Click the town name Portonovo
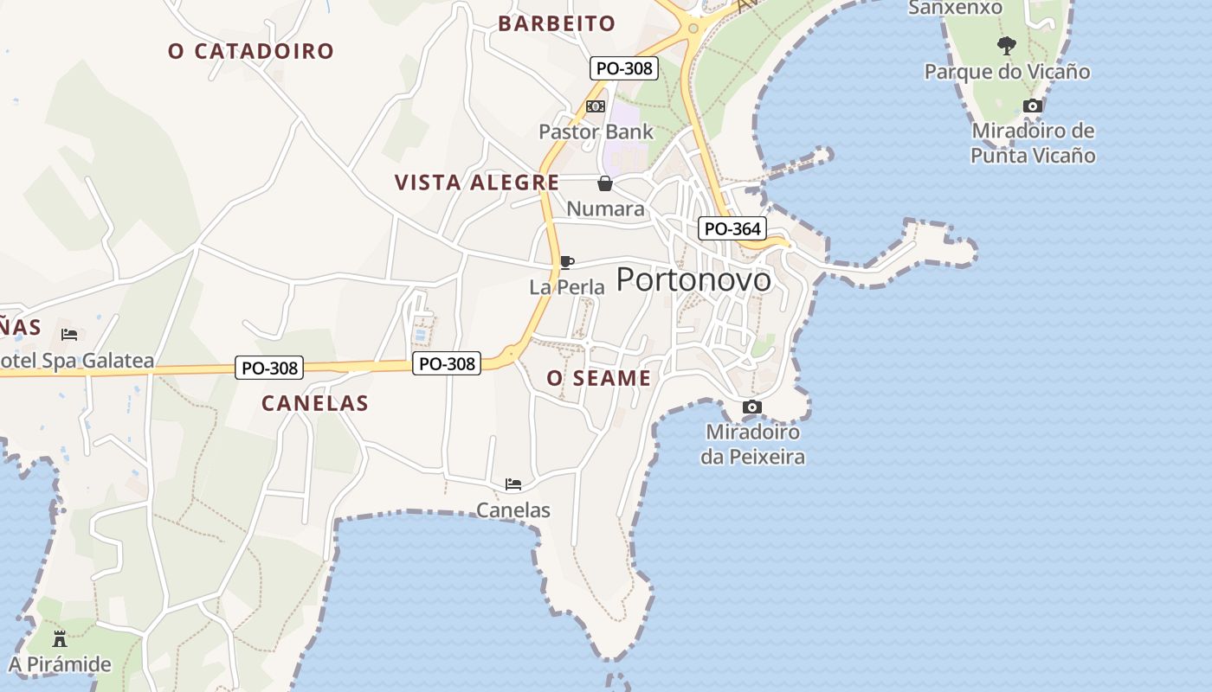tap(693, 279)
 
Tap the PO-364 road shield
tap(732, 229)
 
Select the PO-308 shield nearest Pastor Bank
tap(624, 68)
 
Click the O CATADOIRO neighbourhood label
tap(251, 51)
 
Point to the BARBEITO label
tap(557, 23)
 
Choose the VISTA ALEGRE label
tap(477, 183)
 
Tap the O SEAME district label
tap(599, 378)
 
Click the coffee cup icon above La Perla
tap(566, 262)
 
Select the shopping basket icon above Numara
tap(604, 183)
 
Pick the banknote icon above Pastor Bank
tap(596, 106)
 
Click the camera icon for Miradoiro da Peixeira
tap(752, 407)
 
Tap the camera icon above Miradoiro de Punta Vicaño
tap(1032, 106)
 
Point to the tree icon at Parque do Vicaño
tap(1006, 45)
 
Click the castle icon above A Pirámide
tap(60, 639)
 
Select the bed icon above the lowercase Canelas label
tap(513, 484)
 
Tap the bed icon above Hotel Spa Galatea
tap(69, 334)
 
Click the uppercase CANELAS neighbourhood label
tap(315, 403)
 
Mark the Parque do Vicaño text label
tap(1007, 72)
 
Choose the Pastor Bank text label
tap(596, 132)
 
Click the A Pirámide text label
tap(60, 664)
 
